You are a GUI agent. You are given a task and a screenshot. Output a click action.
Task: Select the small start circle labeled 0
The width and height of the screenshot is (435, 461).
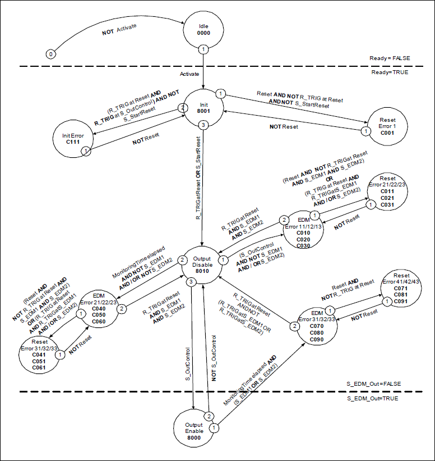click(51, 54)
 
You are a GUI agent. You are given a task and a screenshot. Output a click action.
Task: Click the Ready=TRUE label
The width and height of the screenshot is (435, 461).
click(388, 72)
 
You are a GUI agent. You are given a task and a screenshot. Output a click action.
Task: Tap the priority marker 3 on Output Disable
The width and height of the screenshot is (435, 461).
click(192, 281)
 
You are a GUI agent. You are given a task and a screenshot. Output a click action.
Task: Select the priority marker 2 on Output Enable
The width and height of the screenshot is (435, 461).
click(207, 416)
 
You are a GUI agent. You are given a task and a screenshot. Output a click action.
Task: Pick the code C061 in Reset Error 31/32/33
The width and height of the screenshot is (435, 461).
click(39, 367)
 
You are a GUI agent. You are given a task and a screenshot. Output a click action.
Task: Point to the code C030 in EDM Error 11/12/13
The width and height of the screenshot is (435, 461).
click(303, 246)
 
